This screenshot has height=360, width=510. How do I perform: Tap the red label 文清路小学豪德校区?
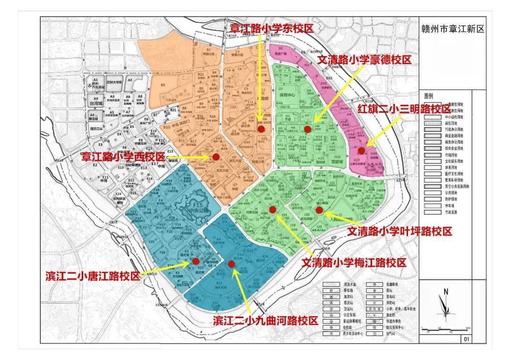(x=364, y=60)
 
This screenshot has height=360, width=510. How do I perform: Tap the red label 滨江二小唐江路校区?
(x=93, y=276)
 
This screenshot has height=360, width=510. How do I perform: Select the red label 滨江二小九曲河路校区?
(x=265, y=321)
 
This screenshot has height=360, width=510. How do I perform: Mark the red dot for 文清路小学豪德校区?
(x=307, y=129)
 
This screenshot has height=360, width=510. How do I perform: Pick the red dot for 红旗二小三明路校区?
(x=361, y=151)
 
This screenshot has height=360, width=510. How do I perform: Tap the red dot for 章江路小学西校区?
(x=216, y=157)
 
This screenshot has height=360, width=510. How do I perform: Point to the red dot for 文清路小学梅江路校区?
(x=272, y=209)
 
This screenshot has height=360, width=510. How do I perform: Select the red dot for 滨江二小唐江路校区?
(x=195, y=260)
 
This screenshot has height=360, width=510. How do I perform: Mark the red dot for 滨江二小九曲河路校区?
(x=231, y=264)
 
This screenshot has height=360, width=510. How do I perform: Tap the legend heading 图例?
(x=429, y=95)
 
